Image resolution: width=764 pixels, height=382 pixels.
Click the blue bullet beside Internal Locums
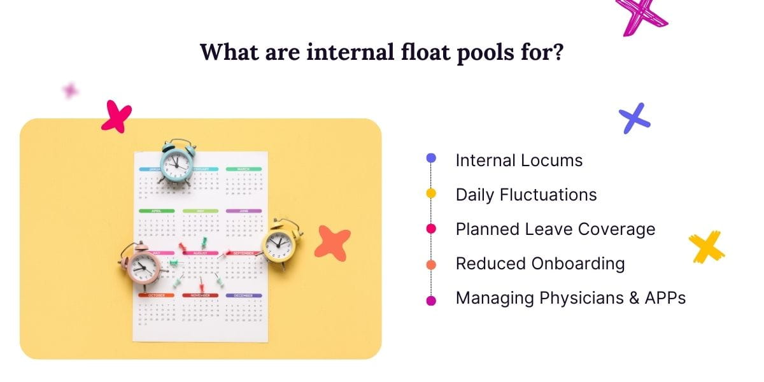pyautogui.click(x=431, y=158)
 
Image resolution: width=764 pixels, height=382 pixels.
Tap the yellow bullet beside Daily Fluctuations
pyautogui.click(x=431, y=194)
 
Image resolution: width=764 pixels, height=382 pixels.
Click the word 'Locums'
pyautogui.click(x=552, y=160)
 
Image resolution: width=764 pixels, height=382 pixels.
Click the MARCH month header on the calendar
pyautogui.click(x=243, y=169)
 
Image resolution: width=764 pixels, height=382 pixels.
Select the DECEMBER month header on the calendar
pyautogui.click(x=243, y=295)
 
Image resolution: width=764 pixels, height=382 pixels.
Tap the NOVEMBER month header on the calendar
pyautogui.click(x=200, y=295)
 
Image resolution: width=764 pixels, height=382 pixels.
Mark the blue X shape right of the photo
pyautogui.click(x=635, y=118)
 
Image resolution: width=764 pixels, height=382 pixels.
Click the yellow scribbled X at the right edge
pyautogui.click(x=707, y=246)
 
